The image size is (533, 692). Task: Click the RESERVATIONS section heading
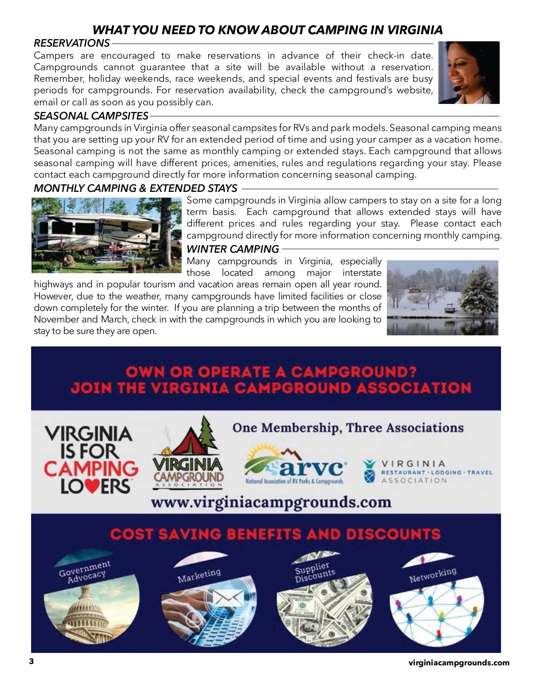click(72, 43)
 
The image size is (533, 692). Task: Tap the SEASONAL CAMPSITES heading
click(91, 116)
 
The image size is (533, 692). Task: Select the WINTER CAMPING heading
click(233, 249)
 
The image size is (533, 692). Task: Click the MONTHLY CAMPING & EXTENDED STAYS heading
click(135, 188)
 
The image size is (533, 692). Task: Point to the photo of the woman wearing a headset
click(469, 72)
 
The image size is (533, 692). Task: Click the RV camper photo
click(107, 235)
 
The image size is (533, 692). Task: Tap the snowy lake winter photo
click(442, 298)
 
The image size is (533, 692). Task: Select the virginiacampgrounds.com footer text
click(459, 663)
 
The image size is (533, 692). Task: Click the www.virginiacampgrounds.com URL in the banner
click(271, 502)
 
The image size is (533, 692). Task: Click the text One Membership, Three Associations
click(348, 428)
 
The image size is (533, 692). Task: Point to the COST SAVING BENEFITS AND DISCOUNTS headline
click(275, 533)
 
